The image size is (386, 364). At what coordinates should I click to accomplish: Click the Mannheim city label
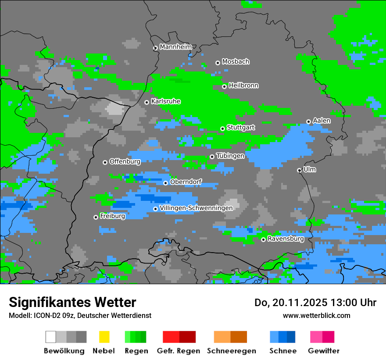click(x=176, y=47)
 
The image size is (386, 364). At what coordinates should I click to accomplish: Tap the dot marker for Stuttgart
click(x=222, y=128)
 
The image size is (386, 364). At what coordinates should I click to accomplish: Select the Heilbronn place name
click(x=243, y=86)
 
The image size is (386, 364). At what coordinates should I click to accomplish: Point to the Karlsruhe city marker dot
click(x=147, y=102)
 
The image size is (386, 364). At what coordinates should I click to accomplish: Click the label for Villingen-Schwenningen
click(x=196, y=208)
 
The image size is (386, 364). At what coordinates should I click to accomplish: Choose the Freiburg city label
click(x=112, y=216)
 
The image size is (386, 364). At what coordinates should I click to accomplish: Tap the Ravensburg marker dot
click(x=263, y=239)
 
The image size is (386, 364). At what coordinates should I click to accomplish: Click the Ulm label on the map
click(x=310, y=169)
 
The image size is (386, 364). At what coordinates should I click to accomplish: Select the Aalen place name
click(x=322, y=121)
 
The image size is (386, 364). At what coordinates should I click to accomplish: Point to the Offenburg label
click(x=125, y=161)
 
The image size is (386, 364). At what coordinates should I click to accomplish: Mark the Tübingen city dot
click(x=212, y=157)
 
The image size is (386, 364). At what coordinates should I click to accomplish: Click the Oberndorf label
click(x=186, y=182)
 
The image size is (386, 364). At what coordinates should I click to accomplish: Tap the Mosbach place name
click(x=236, y=62)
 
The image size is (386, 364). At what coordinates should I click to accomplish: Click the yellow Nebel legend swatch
click(x=104, y=337)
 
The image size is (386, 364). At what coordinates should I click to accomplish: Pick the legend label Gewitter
click(x=324, y=351)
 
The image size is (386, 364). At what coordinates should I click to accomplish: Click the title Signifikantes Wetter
click(x=72, y=302)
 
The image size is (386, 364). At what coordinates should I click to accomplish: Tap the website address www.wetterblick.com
click(x=317, y=315)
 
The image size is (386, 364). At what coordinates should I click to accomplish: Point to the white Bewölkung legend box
click(x=51, y=337)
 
